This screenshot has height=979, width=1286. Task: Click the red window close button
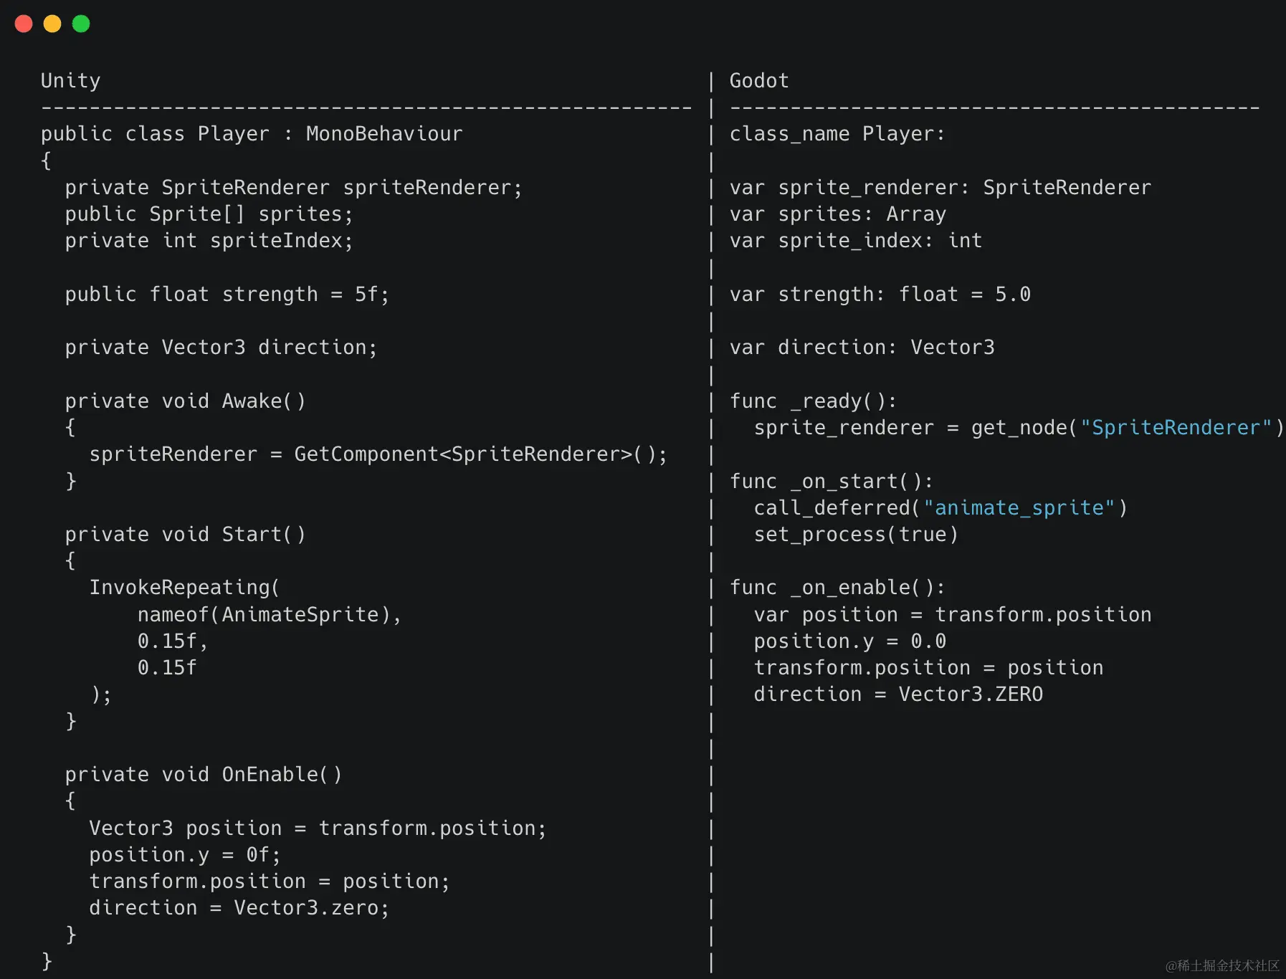(24, 24)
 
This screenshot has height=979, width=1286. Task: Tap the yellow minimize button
(52, 24)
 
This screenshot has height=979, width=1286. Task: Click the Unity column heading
(70, 80)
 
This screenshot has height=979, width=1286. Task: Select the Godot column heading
(758, 80)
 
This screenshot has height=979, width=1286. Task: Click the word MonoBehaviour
(384, 134)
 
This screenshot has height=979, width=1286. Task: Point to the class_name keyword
(789, 134)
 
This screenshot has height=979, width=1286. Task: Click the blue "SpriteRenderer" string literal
(1176, 428)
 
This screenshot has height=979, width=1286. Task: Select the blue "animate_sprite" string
(1019, 508)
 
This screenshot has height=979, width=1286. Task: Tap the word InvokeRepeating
(180, 588)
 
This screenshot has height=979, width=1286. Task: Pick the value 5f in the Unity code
(366, 295)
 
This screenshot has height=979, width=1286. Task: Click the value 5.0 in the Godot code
(1012, 295)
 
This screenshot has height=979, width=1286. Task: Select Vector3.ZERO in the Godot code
(971, 694)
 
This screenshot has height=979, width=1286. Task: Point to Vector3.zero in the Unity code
(306, 908)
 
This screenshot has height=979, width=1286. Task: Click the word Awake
(252, 401)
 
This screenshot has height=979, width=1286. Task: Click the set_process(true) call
(855, 535)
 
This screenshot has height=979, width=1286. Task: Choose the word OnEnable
(270, 775)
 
